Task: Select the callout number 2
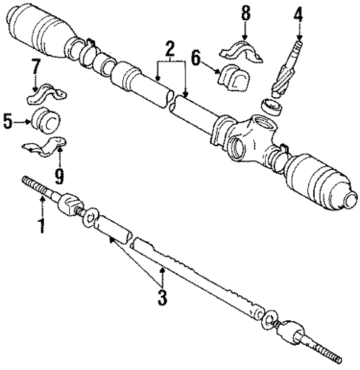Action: point(169,50)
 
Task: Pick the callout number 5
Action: point(8,120)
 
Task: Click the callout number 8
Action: point(245,13)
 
